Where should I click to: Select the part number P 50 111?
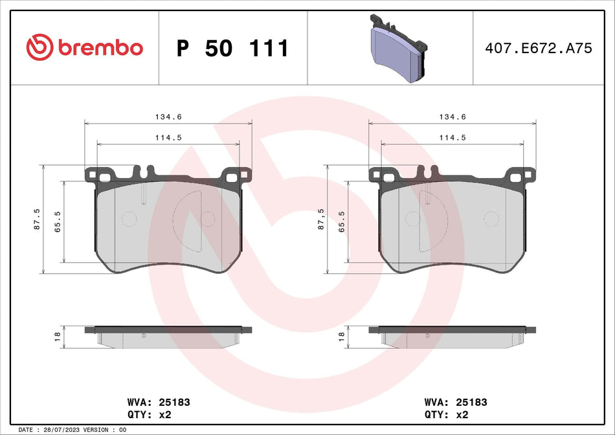click(x=232, y=49)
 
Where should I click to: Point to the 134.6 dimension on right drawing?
click(x=453, y=117)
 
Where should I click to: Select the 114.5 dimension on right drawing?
click(x=453, y=137)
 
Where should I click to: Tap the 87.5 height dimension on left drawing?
click(x=37, y=219)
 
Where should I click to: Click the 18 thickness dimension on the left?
click(x=57, y=337)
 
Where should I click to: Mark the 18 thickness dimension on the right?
click(x=341, y=337)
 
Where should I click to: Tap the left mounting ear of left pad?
click(x=99, y=175)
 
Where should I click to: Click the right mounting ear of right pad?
click(x=522, y=175)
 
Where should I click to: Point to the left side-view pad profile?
click(x=168, y=335)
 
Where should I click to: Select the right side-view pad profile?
click(x=453, y=335)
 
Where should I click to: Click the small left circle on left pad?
click(x=129, y=219)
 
